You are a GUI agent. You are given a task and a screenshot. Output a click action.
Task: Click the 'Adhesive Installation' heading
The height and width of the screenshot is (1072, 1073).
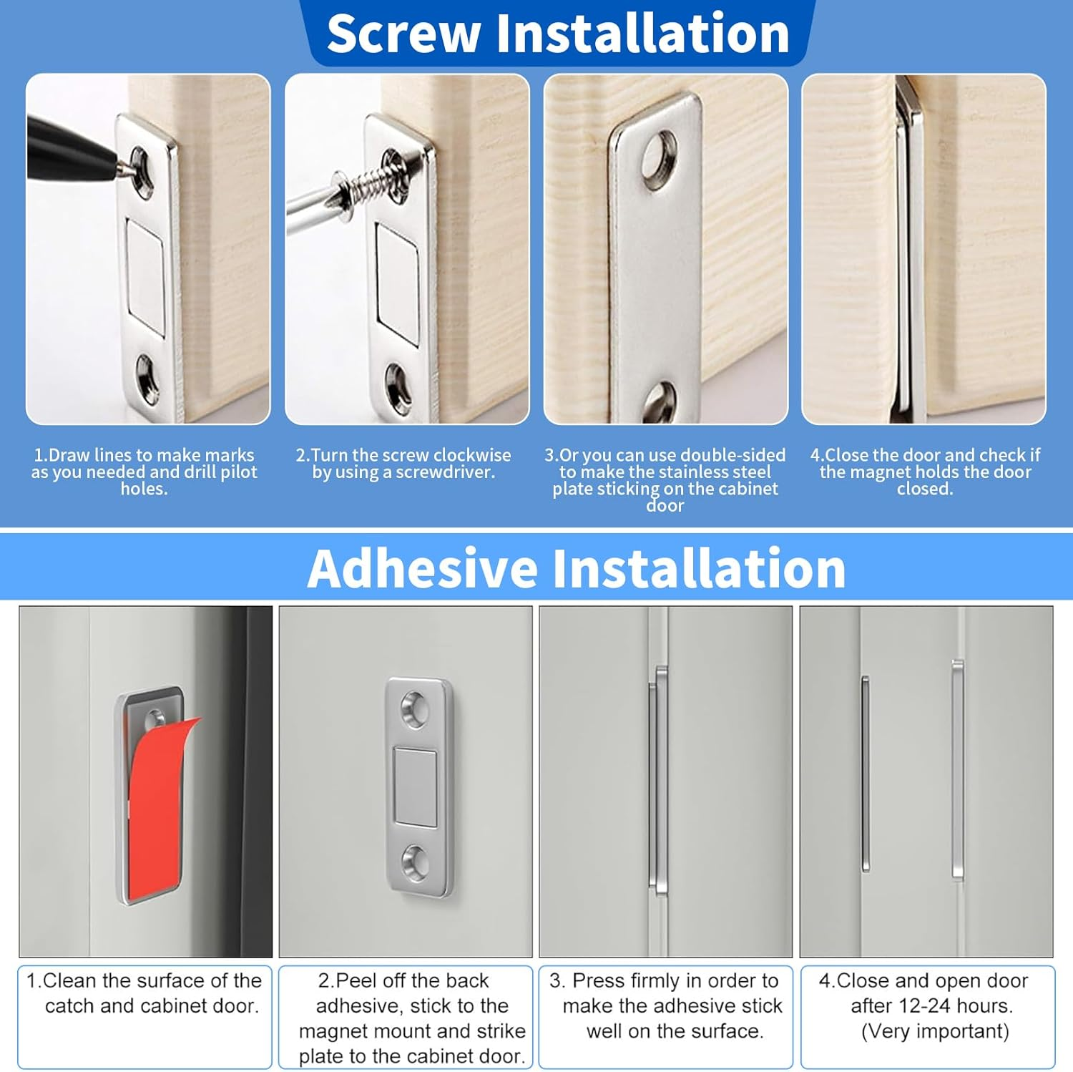point(577,568)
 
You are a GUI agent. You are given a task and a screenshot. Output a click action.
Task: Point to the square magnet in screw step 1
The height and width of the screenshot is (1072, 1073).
point(145,276)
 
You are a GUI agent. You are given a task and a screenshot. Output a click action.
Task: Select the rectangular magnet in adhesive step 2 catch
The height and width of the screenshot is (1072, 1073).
point(416,787)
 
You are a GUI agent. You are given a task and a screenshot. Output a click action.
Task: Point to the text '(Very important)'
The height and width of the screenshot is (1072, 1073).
point(935,1031)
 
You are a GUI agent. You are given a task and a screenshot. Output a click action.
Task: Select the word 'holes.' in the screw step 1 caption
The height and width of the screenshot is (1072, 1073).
point(144,489)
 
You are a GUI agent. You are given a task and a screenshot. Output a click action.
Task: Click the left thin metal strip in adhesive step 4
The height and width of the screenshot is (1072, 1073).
point(866,773)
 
